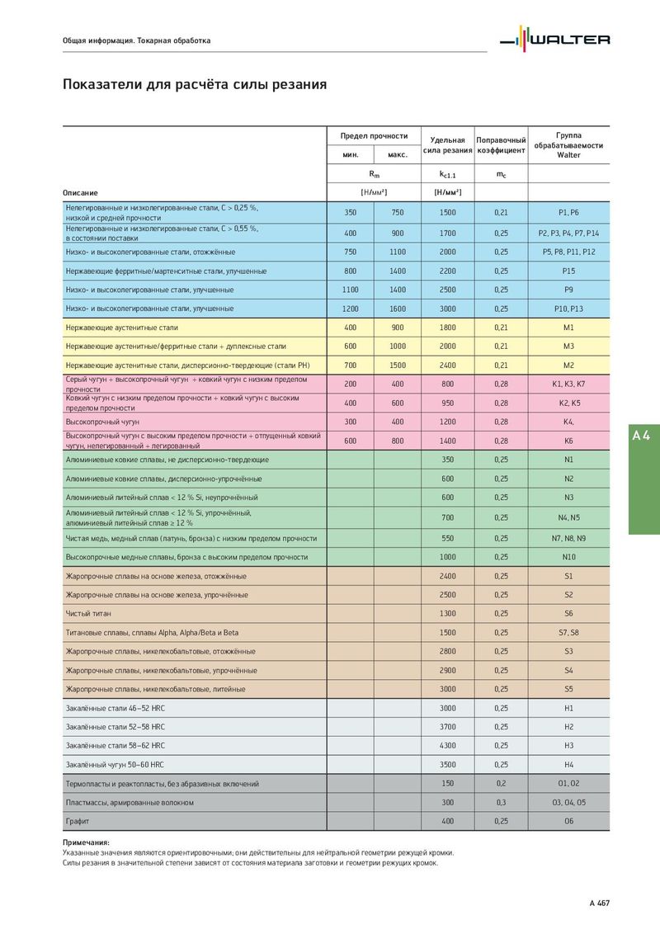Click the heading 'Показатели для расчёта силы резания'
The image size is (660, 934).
[195, 84]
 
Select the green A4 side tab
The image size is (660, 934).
[643, 436]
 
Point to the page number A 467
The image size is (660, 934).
[599, 903]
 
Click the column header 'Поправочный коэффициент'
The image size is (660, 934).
[501, 145]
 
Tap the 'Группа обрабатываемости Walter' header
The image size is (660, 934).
[568, 144]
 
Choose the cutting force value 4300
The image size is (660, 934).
[447, 745]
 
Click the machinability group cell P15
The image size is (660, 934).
[568, 271]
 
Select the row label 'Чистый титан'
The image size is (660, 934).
[88, 614]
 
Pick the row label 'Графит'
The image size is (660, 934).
[78, 821]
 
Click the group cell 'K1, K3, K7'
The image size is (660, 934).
[568, 384]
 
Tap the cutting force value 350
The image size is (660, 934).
[447, 460]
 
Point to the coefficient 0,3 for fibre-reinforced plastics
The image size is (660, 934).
[501, 802]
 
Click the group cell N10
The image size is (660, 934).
[568, 557]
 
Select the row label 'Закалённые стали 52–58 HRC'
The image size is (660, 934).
[115, 727]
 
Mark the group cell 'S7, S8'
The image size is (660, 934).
[568, 633]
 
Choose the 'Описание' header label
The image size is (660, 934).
[80, 192]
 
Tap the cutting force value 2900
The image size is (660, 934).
[447, 670]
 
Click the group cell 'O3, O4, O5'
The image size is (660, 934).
[568, 802]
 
